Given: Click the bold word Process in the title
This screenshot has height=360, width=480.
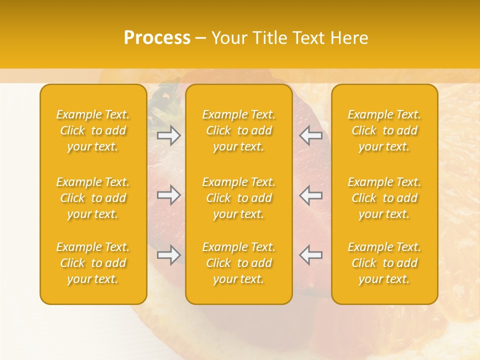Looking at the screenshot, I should point(157,38).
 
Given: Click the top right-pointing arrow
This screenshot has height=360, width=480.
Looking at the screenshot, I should point(169,135).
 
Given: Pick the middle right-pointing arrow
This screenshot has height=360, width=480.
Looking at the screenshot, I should point(169,195).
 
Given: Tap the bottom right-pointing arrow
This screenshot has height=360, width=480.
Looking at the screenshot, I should point(169,255).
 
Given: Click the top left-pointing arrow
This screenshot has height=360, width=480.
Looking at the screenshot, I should point(310,135).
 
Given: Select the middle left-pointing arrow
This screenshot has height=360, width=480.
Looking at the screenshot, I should point(310,195).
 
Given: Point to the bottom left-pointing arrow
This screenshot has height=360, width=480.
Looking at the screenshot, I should point(310,255).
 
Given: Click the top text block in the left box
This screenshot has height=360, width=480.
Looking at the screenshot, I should point(93,130).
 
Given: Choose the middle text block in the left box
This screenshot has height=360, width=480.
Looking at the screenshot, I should point(93,198).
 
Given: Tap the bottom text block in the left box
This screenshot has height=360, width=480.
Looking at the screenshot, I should point(93,263).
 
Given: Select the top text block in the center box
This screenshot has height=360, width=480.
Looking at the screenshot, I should point(238,130).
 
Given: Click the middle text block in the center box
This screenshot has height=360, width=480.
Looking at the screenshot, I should point(238,198).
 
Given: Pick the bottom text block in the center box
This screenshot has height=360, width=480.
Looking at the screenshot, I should point(238,263).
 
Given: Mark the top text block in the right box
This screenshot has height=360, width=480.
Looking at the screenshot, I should point(384,130).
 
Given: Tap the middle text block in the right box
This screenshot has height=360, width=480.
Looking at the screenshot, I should point(384,198).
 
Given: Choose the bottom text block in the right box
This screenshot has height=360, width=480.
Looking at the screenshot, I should point(384,263).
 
